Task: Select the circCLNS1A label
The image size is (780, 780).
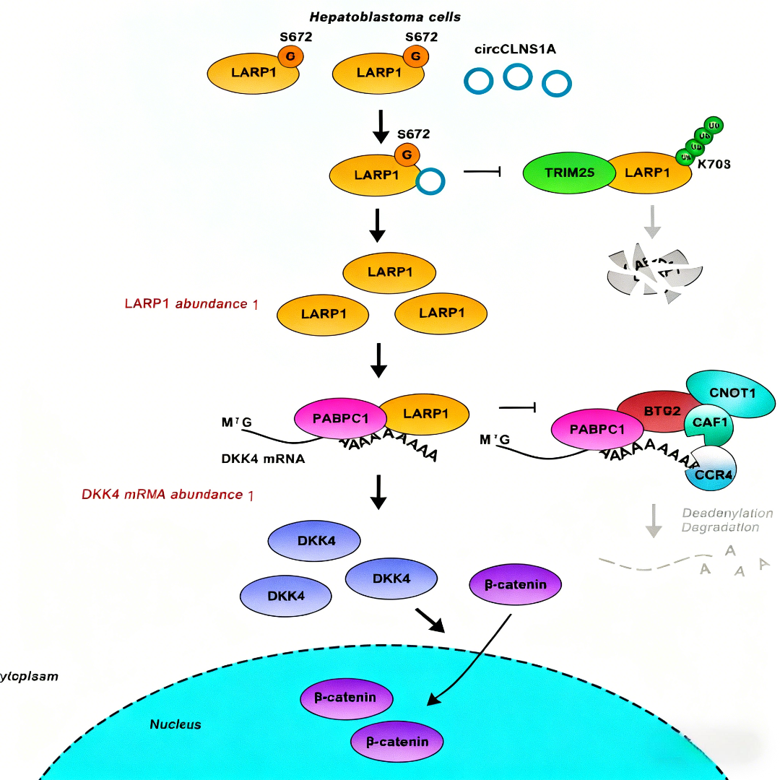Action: [x=515, y=49]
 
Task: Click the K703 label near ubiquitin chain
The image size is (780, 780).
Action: [x=715, y=164]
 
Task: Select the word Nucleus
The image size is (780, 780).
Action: [x=175, y=724]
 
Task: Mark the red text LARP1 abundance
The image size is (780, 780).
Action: [x=191, y=303]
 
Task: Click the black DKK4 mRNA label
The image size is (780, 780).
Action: [x=263, y=458]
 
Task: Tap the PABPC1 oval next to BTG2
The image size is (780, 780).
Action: [x=597, y=430]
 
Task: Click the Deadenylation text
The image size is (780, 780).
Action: [x=727, y=513]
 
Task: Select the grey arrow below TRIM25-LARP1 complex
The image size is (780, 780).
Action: [x=653, y=221]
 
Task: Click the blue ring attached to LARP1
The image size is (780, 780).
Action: [x=430, y=181]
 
